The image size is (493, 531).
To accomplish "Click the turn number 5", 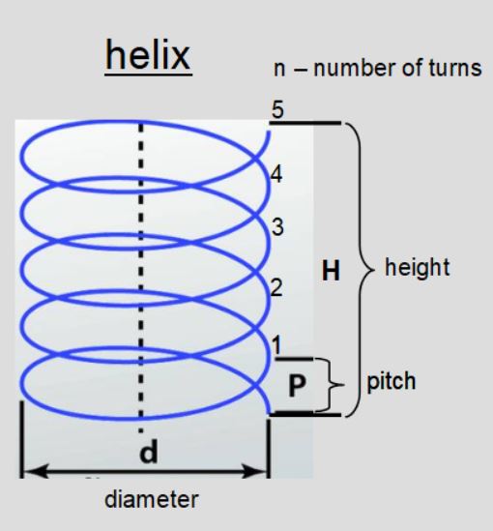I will [275, 111].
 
